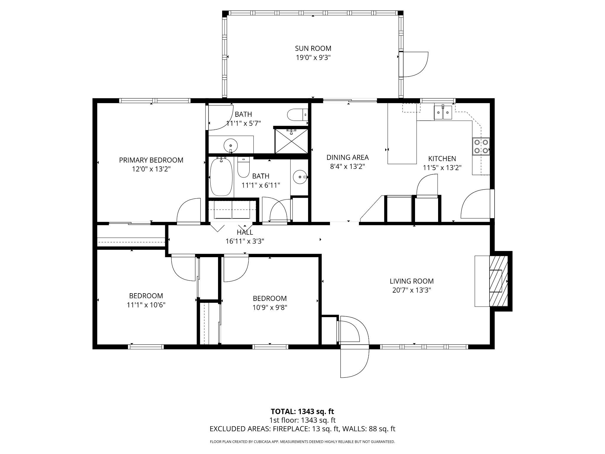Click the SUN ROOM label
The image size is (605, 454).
tap(313, 48)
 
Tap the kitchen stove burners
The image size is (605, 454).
tap(481, 146)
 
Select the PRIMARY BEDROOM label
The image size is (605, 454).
tap(151, 160)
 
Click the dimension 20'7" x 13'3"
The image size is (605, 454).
tap(412, 290)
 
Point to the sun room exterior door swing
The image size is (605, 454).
tap(415, 64)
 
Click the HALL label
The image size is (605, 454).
tap(245, 232)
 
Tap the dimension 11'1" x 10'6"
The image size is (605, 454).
tap(146, 305)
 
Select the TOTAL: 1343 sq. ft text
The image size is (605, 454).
tap(302, 411)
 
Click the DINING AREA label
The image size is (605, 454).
tap(347, 157)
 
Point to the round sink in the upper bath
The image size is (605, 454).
tap(231, 145)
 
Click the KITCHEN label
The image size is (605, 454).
tap(442, 158)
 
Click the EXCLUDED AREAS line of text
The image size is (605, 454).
tap(302, 429)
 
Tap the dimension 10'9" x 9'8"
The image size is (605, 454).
tap(270, 307)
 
